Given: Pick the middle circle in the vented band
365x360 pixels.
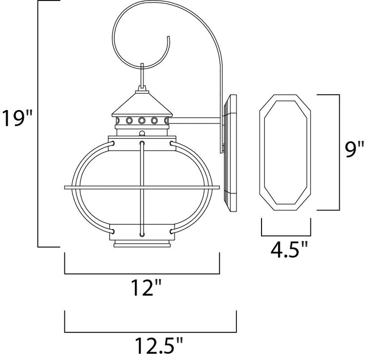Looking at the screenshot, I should click(141, 121).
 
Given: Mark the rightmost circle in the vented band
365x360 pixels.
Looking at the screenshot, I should click(165, 121).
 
